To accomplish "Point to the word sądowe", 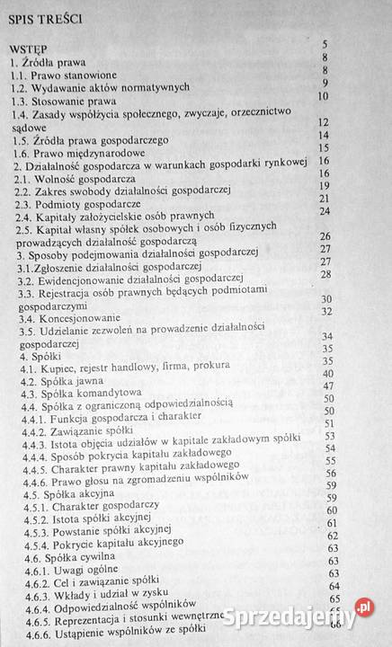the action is pyautogui.click(x=30, y=129).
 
